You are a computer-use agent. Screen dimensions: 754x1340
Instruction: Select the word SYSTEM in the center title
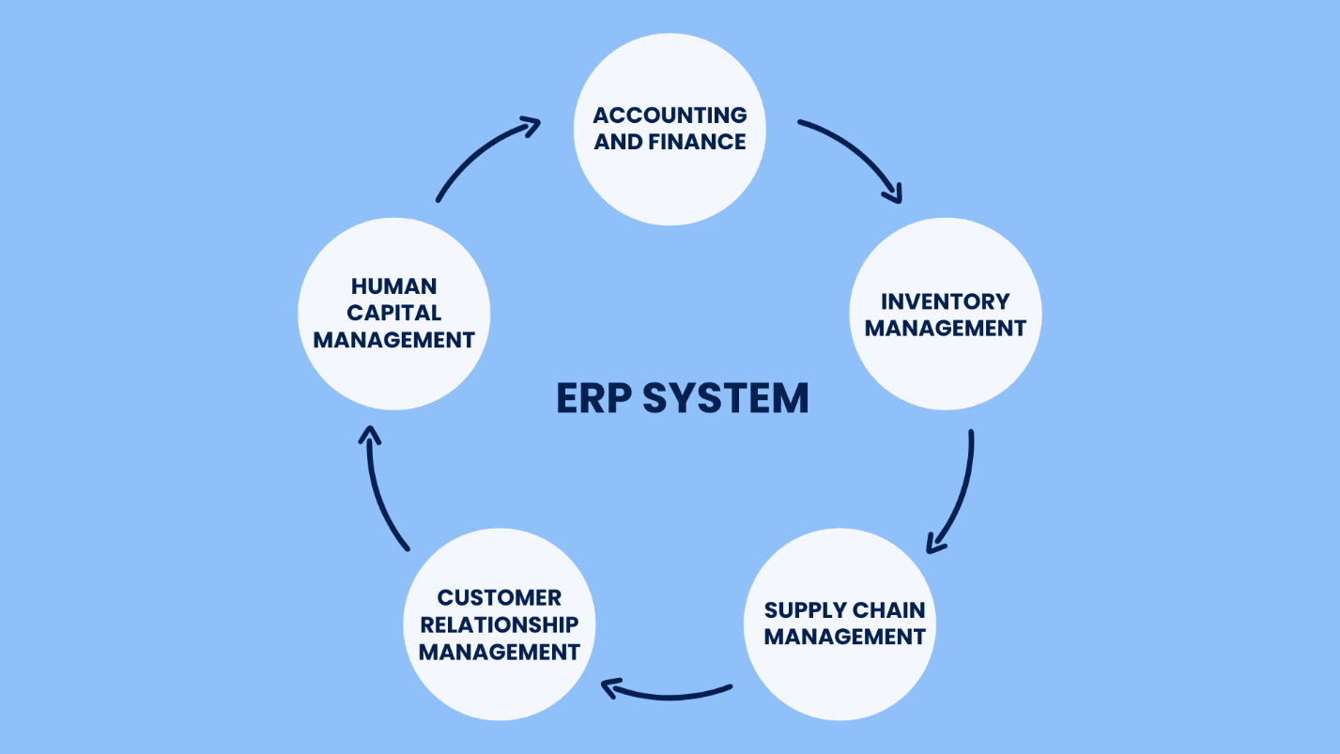[725, 398]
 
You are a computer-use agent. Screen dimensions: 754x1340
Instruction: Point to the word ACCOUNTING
[670, 115]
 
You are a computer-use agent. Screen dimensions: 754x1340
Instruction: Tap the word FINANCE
[701, 142]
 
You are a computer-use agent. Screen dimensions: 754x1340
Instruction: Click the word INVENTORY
[945, 301]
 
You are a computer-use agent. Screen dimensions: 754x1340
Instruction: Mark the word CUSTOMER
[500, 597]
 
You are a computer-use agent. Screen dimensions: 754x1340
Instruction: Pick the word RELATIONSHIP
[500, 623]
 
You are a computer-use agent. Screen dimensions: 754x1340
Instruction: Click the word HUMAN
[394, 286]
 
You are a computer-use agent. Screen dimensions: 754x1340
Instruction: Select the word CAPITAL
[394, 313]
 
